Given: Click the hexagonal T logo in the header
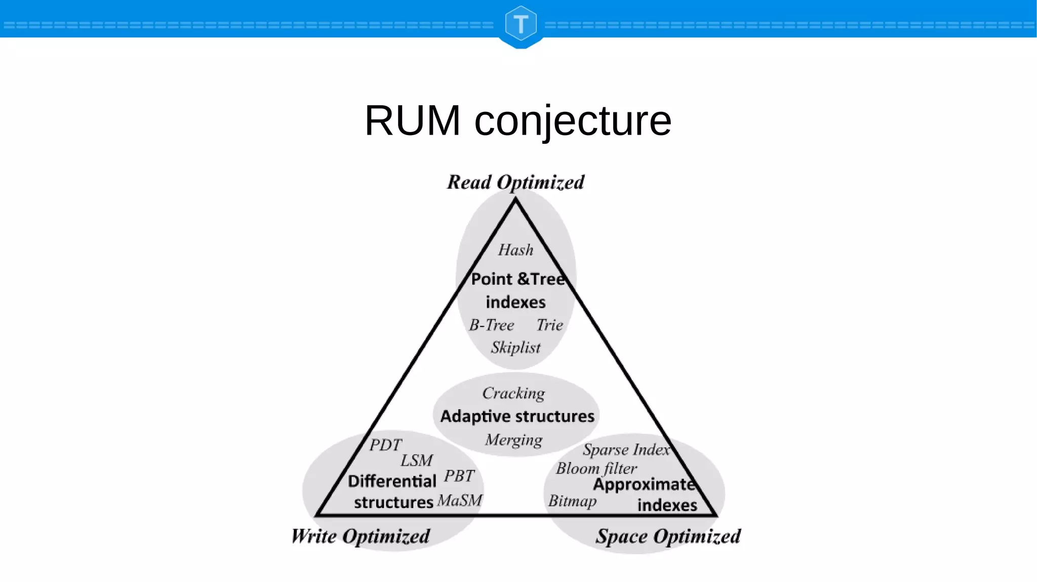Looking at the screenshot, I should coord(521,24).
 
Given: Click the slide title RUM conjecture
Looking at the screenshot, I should coord(517,120).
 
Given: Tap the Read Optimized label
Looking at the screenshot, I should coord(515,182).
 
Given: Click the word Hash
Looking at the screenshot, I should coord(515,250).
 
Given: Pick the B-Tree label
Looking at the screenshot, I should coord(491,325).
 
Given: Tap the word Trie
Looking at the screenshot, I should coord(549,325).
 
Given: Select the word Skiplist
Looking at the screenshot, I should coord(515,348).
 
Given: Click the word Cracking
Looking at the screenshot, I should coord(513,393).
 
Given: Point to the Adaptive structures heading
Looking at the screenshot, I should coord(517,417).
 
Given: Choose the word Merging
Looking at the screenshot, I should coord(513,440).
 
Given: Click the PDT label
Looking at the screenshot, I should coord(385,445).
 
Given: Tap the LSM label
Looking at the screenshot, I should coord(416,461).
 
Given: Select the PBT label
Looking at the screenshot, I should coord(459,476).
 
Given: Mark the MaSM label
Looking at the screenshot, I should coord(459,501).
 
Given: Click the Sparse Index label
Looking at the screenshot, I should coord(626,449).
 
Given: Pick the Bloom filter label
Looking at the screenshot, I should coord(596,469).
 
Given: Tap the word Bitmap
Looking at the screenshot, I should coord(572,501).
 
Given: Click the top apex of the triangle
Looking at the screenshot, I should coord(515,200).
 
